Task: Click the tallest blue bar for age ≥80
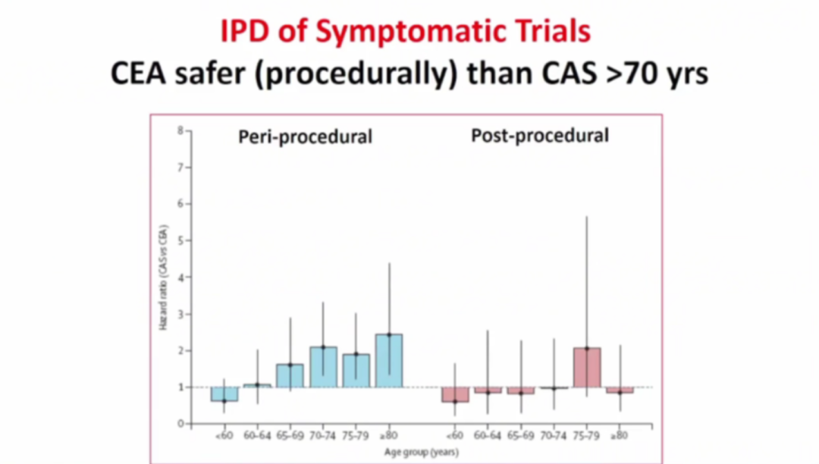(388, 361)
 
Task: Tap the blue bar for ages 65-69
(290, 376)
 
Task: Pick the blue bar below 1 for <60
(224, 394)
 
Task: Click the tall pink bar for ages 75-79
(587, 368)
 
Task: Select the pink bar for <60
(455, 394)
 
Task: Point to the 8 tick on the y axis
(180, 130)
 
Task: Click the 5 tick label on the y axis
(180, 240)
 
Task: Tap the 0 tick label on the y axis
(180, 424)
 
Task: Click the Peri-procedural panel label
(305, 137)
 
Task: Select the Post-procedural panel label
(540, 136)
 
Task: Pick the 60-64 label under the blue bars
(257, 436)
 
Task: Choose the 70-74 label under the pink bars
(554, 436)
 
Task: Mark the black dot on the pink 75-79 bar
(587, 349)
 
